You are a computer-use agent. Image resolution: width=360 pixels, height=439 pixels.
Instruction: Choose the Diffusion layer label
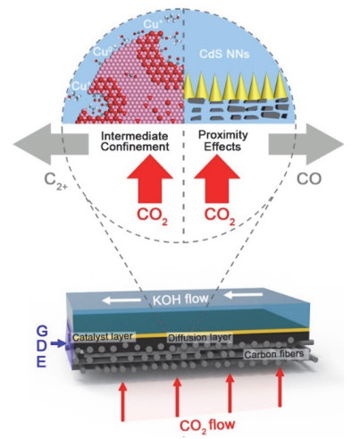[201, 339]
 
